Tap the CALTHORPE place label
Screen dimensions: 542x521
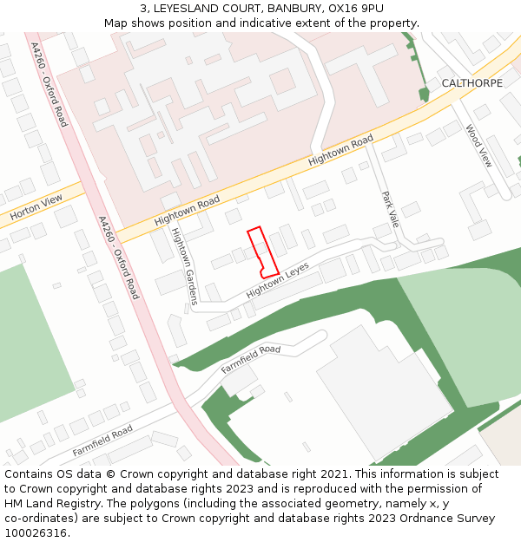point(472,83)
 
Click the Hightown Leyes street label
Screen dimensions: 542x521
point(278,281)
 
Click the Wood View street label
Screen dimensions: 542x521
point(478,146)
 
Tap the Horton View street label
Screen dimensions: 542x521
point(36,206)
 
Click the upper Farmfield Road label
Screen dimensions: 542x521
point(251,360)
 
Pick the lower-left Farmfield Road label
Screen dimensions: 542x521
point(102,441)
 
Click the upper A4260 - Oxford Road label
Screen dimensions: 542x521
point(49,83)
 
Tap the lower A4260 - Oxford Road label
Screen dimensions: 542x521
point(119,258)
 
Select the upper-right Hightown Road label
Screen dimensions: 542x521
point(340,150)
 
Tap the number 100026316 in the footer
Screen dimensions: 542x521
point(36,532)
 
